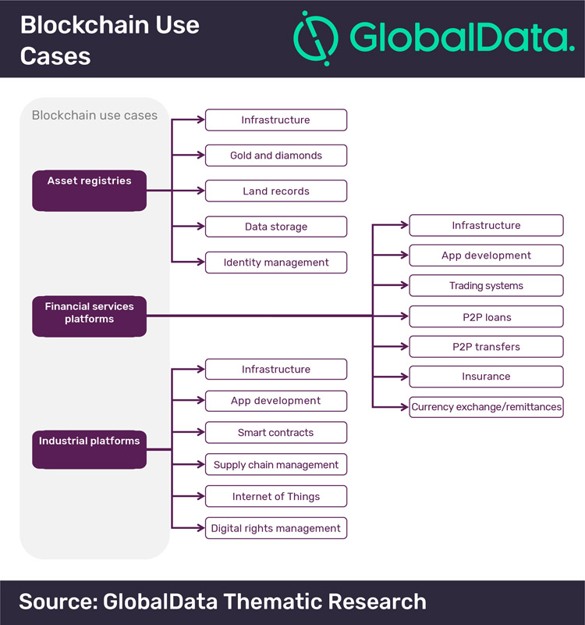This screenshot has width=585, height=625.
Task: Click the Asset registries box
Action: tap(89, 191)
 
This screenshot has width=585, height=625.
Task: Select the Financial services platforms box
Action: tap(89, 316)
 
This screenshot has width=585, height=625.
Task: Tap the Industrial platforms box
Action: tap(89, 449)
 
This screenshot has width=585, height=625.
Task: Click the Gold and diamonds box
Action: tap(276, 155)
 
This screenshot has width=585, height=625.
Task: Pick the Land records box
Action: tap(276, 191)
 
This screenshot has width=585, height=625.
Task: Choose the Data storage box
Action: tap(276, 227)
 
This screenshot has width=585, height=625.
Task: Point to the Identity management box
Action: tap(276, 262)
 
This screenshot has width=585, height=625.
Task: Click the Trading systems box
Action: tap(486, 285)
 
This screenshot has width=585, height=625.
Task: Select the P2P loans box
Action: tap(486, 317)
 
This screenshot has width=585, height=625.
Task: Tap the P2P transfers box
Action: tap(486, 347)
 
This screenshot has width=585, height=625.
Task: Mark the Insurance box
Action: tap(486, 377)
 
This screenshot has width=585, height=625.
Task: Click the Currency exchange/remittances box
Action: tap(486, 407)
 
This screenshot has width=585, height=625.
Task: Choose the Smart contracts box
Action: tap(276, 433)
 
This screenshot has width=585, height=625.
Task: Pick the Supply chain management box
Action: tap(276, 464)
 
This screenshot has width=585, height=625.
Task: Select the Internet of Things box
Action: tap(276, 496)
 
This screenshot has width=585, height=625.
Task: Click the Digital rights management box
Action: tap(276, 528)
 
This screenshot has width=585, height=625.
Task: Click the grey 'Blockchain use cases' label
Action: tap(94, 115)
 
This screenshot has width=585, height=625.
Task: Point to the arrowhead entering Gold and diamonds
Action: tap(201, 155)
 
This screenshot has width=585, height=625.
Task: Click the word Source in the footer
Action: tap(58, 602)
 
